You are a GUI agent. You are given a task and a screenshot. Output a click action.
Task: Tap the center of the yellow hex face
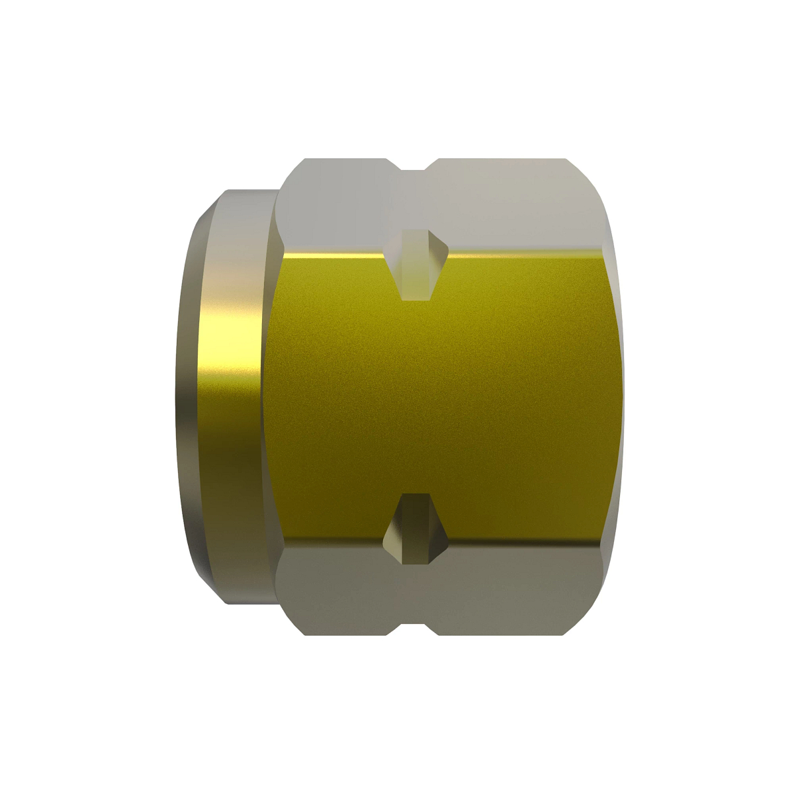(x=443, y=397)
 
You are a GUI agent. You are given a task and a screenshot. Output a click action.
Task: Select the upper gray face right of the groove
(x=516, y=205)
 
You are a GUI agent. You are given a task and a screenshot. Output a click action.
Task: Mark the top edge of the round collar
(x=248, y=192)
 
